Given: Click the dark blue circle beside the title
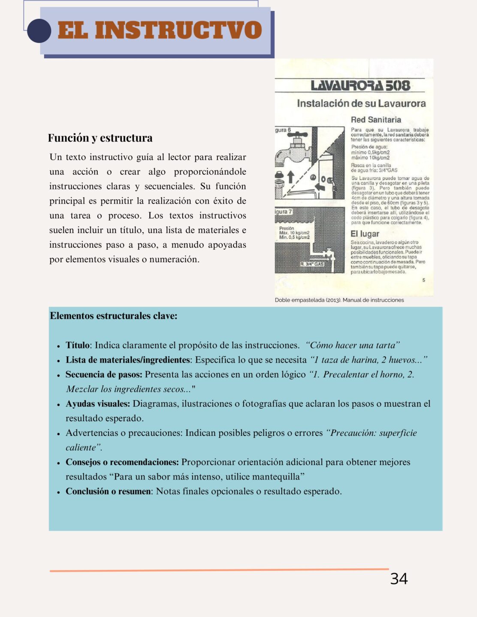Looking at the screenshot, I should [x=39, y=30].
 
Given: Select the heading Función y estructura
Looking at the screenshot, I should [x=100, y=138].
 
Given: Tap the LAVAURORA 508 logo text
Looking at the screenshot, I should [x=360, y=86].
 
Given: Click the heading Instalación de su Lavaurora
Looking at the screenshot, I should [x=361, y=104].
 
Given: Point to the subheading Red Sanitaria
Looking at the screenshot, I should [x=376, y=120].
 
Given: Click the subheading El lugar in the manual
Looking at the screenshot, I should [x=365, y=234].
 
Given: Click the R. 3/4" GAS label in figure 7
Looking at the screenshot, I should [x=312, y=264].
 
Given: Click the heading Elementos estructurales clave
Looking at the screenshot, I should [x=114, y=316].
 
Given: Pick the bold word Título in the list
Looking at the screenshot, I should [x=78, y=345].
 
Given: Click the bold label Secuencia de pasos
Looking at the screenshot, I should [x=104, y=374].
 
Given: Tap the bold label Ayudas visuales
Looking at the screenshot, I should [x=98, y=404].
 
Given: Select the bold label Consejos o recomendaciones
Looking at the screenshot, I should [x=122, y=462].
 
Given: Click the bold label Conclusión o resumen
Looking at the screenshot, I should [x=109, y=491].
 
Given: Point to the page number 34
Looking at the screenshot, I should [x=399, y=579].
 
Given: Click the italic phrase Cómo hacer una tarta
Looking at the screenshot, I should [x=353, y=345].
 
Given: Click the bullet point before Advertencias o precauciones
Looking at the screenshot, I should [x=58, y=434].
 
